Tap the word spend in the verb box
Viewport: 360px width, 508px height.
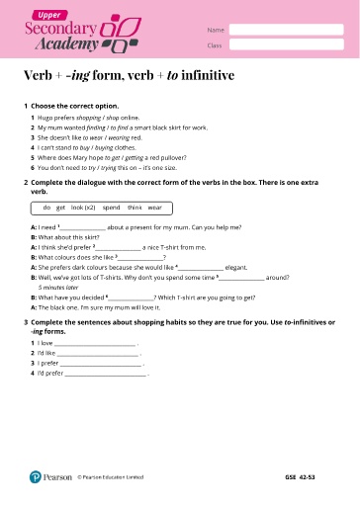111,207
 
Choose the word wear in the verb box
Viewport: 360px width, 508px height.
155,207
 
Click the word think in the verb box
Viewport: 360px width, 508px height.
135,207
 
